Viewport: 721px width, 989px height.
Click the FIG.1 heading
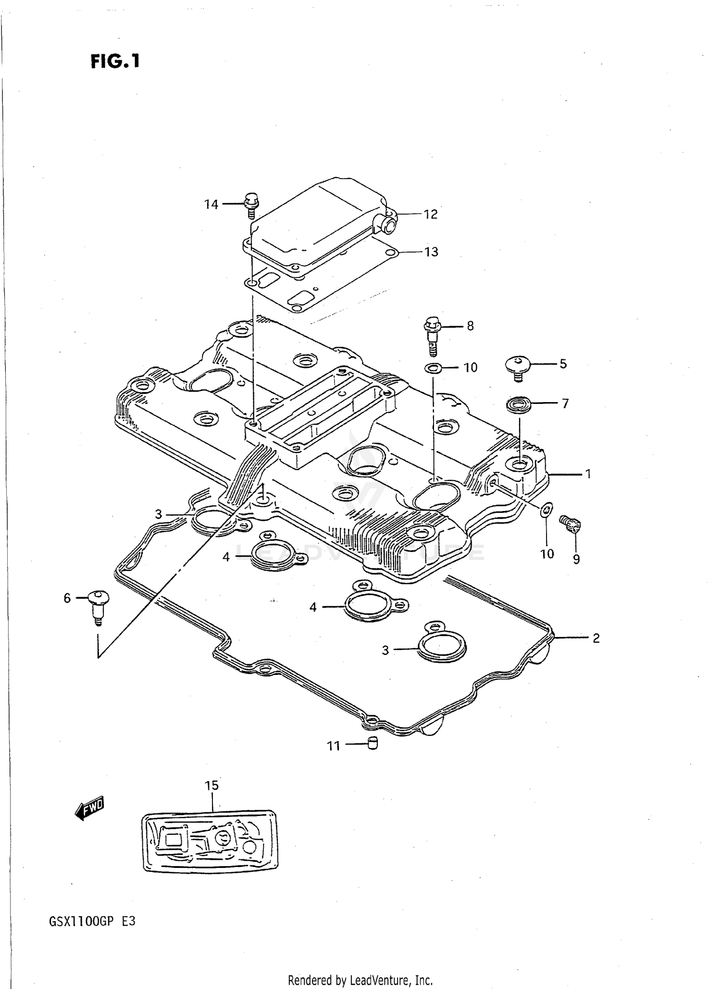[x=115, y=61]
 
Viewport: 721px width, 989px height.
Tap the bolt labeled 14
[x=251, y=204]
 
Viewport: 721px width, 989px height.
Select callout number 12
[x=431, y=214]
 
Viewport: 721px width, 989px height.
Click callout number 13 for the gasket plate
[x=431, y=252]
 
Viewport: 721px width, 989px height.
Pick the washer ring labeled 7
[x=518, y=404]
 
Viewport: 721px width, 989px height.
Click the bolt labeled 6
[x=99, y=606]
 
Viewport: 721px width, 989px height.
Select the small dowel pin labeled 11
[x=373, y=744]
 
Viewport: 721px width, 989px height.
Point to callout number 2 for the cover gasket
[x=596, y=638]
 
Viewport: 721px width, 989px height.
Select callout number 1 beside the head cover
[x=588, y=474]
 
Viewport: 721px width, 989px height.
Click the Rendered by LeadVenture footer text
[x=360, y=979]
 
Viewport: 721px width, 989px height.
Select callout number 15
[x=211, y=785]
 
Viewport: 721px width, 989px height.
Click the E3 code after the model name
[x=128, y=922]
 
